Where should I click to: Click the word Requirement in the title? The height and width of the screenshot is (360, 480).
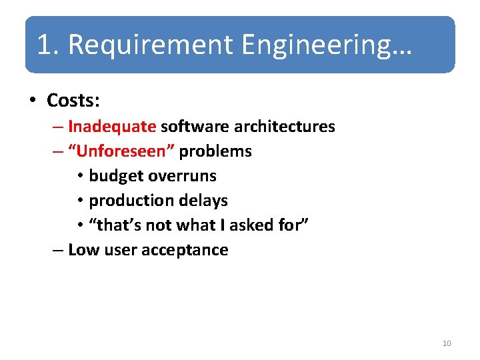151,45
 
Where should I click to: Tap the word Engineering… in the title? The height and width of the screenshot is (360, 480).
327,45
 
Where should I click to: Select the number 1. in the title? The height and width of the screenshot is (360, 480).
49,45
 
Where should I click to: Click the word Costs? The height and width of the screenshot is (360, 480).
73,101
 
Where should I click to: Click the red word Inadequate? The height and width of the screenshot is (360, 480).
112,126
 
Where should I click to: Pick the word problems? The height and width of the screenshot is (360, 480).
215,151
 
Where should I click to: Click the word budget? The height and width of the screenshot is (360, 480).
117,176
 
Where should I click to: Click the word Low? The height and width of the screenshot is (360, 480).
81,250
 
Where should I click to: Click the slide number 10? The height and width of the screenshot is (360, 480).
447,343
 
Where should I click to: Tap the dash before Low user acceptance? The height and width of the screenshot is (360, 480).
57,251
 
